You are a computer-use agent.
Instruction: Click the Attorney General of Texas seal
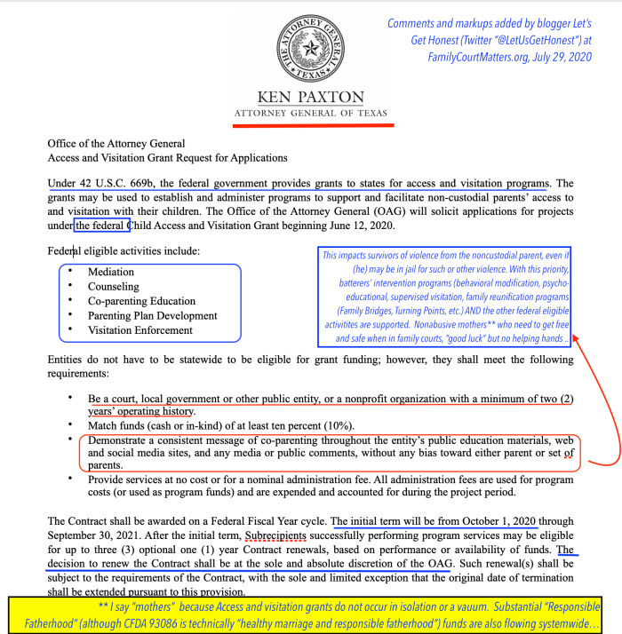click(310, 47)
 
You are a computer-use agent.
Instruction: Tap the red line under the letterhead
click(310, 125)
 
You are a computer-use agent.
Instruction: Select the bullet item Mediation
click(111, 272)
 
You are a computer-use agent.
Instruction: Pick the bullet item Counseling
click(114, 287)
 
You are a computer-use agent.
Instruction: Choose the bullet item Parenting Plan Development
click(152, 315)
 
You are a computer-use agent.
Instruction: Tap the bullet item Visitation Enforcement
click(140, 330)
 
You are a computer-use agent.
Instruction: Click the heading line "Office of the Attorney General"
click(116, 144)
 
